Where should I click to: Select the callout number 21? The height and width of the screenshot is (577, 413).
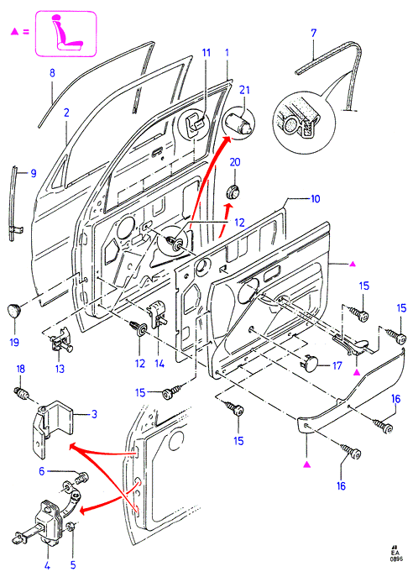(244, 90)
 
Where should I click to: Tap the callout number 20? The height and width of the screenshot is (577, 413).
(235, 162)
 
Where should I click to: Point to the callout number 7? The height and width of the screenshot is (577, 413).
(313, 33)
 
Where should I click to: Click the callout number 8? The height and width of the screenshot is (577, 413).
(52, 73)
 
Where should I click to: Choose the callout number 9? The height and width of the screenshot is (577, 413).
(34, 173)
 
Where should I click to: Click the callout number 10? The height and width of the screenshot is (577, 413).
(315, 199)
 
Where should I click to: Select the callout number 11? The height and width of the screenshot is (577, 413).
(206, 53)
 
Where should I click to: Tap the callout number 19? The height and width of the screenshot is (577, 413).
(14, 342)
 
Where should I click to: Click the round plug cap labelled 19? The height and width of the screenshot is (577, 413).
(15, 311)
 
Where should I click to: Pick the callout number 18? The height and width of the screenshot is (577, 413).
(21, 369)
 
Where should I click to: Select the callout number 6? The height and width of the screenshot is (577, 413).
(42, 471)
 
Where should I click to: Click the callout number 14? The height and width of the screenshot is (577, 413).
(159, 364)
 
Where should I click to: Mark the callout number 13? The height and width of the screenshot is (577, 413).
(60, 369)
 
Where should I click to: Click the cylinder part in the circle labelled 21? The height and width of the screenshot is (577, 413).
(238, 123)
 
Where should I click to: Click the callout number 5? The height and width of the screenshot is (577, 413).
(73, 565)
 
